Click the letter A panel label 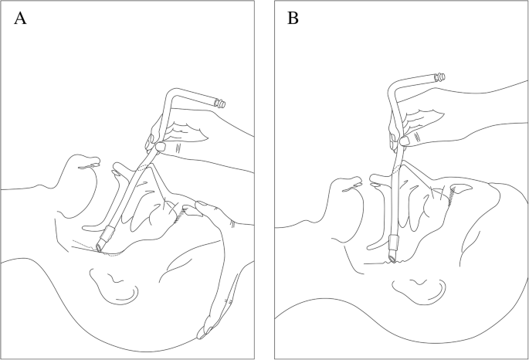[20, 19]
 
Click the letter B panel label [293, 19]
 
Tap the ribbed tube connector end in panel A [220, 104]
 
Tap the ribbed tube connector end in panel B [440, 77]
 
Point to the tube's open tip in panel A [99, 248]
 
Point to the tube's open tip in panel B [392, 258]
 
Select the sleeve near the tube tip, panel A [108, 233]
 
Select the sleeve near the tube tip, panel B [394, 243]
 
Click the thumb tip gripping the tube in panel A [161, 147]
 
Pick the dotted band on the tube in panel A [143, 168]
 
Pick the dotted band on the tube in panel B [397, 169]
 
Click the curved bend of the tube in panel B [393, 86]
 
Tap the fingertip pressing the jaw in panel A [200, 204]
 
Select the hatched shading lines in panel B [452, 195]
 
